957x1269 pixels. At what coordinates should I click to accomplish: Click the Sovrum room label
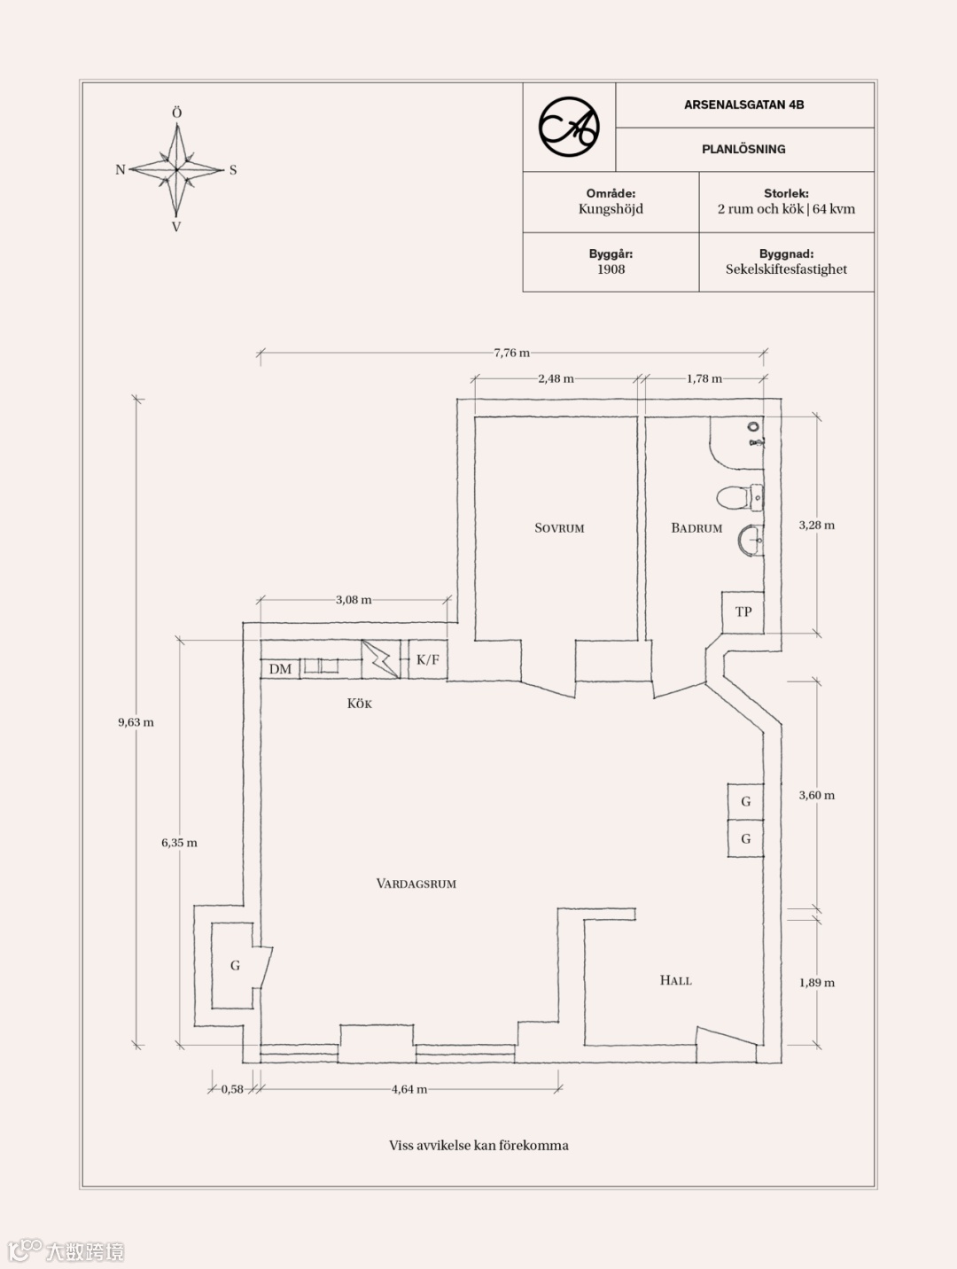coord(559,528)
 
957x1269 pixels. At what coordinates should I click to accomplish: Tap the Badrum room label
coord(696,528)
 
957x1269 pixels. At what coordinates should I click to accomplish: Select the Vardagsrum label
coord(416,884)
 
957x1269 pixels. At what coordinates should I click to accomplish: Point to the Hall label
coord(675,980)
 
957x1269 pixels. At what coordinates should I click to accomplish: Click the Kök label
coord(359,704)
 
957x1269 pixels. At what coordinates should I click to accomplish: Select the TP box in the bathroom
coord(743,611)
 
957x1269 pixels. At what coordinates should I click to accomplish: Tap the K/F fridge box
coord(427,660)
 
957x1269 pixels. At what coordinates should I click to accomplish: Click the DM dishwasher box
coord(280,669)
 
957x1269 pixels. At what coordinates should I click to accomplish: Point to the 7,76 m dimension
coord(511,353)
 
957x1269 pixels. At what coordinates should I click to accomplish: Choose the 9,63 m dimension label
coord(136,722)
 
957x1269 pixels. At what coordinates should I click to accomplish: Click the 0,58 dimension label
coord(232,1089)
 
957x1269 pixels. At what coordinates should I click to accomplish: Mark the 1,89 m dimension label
coord(816,983)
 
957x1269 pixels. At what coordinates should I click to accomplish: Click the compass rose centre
coord(177,169)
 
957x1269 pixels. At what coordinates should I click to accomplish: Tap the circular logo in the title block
coord(569,128)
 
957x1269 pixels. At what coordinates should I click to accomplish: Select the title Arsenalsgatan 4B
coord(743,105)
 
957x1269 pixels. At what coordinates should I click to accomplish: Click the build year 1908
coord(611,269)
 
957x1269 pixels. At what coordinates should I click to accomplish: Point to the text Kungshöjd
coord(611,209)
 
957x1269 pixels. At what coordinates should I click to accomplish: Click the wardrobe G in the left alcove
coord(235,965)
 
